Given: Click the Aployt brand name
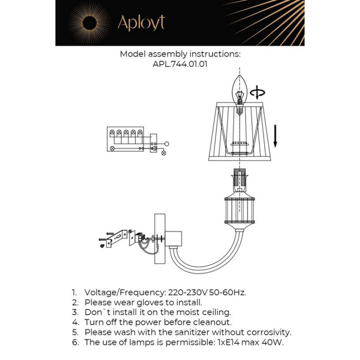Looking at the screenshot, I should pos(141,23).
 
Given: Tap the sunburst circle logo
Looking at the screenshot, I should pos(89,23).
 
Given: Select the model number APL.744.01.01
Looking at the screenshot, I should pos(180,64).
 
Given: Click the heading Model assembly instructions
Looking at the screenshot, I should pos(180,54).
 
